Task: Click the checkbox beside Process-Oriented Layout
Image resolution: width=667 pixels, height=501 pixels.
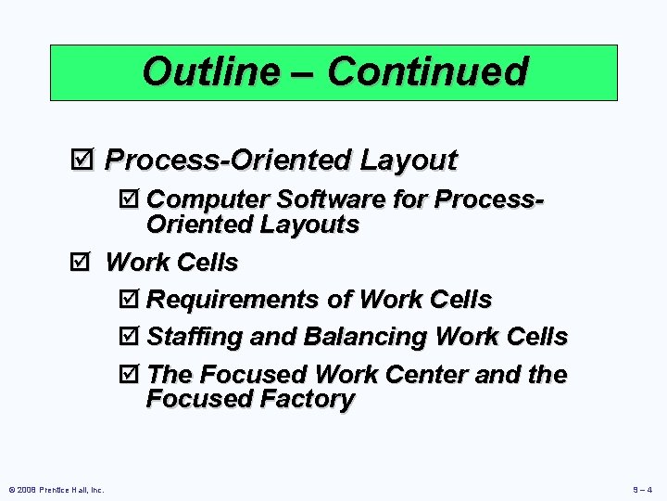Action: (x=82, y=161)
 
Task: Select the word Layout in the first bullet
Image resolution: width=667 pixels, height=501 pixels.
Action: (x=409, y=161)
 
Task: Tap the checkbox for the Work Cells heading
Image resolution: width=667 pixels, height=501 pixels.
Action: (x=82, y=263)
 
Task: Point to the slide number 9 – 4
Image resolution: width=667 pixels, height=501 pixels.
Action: (x=641, y=490)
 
